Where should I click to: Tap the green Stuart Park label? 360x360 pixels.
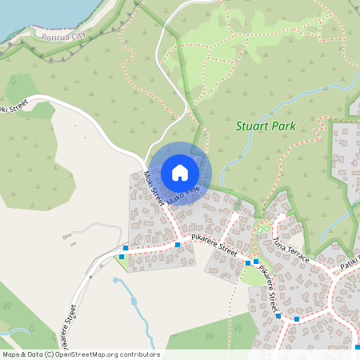pos(266,126)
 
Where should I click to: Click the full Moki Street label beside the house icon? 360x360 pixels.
pos(153,187)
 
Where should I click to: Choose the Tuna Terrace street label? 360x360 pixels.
pos(290,248)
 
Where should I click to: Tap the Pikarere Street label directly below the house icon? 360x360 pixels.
pos(214,245)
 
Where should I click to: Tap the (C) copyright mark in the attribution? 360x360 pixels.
pos(49,354)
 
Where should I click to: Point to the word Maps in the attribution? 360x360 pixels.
pos(11,354)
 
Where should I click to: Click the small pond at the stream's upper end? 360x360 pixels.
pos(116,281)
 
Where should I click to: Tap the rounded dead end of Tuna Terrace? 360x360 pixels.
pos(281,217)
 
